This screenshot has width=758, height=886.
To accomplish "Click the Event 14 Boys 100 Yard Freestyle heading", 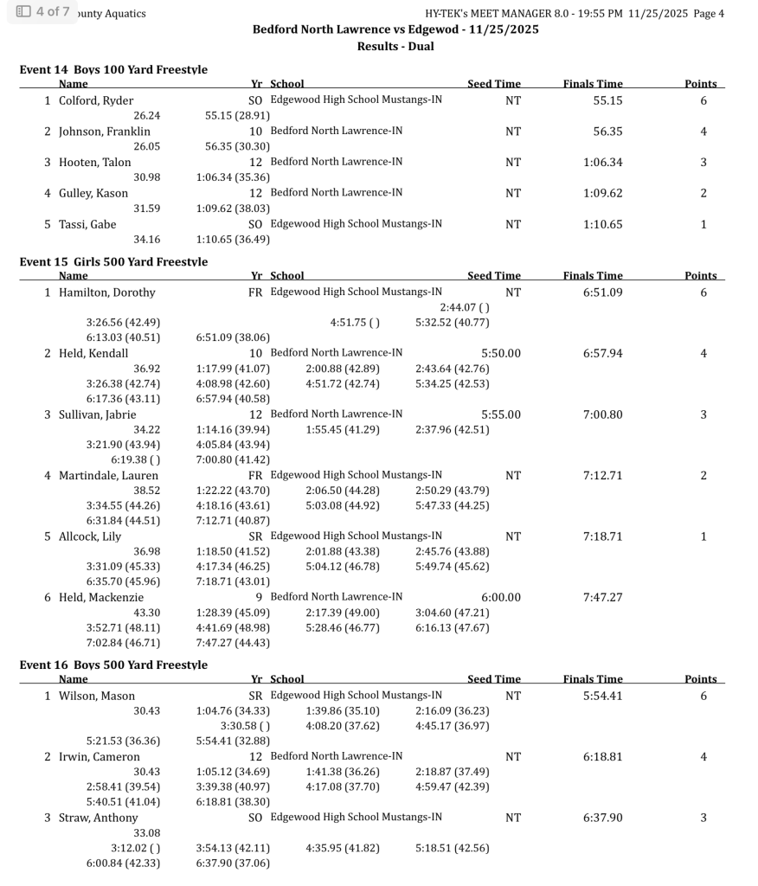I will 113,69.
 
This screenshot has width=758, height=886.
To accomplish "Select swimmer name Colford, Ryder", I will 95,100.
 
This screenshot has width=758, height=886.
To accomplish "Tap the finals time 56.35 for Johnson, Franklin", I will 602,132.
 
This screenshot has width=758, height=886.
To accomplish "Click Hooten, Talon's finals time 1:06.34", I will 602,163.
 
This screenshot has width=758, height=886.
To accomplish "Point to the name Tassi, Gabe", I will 87,225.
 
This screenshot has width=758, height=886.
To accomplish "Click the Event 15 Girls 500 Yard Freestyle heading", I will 113,261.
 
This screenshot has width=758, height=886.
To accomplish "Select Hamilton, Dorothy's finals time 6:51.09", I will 602,292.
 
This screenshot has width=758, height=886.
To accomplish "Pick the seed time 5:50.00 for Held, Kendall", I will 501,353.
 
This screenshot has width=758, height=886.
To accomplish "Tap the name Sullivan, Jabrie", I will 97,414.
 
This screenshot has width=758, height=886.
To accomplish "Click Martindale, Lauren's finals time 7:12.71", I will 602,475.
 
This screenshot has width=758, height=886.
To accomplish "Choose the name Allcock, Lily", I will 89,536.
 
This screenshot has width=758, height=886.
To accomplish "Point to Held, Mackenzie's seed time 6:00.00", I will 501,597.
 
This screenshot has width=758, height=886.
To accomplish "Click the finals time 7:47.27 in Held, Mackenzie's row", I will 602,597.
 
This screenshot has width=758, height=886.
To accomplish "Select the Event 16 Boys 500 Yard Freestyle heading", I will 113,664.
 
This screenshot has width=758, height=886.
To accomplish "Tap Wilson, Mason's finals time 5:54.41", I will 602,696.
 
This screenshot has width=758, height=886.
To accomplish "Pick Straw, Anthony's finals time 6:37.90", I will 602,818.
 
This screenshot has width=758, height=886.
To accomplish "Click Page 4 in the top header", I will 709,13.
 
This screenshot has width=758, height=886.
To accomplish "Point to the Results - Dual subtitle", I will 395,46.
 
